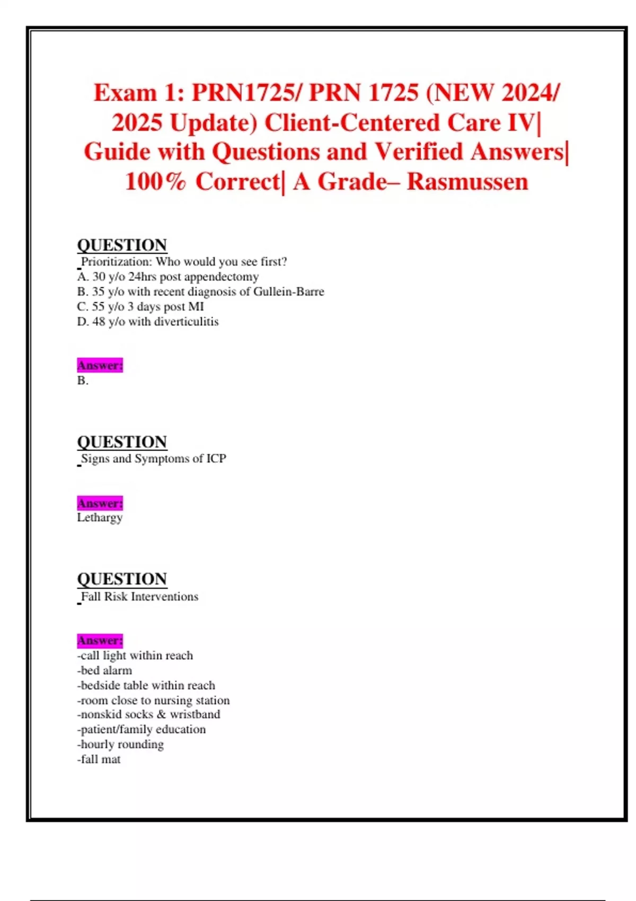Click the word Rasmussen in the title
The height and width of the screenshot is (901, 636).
click(467, 182)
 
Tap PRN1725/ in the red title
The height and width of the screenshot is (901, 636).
click(247, 93)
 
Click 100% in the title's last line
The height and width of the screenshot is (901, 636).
click(156, 182)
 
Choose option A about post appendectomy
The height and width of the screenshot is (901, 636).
click(167, 277)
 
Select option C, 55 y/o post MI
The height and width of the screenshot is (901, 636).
click(140, 306)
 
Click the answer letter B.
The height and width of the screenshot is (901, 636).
click(82, 381)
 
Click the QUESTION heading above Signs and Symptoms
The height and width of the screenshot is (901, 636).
click(122, 442)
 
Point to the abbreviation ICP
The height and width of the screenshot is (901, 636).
click(216, 458)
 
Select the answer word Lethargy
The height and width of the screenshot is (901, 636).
click(100, 517)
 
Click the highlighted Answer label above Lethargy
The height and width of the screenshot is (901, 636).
click(100, 503)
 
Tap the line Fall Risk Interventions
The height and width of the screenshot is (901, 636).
click(139, 597)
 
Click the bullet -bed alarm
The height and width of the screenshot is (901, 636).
click(104, 670)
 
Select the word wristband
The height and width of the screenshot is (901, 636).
click(195, 714)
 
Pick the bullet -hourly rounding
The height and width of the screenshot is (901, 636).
click(120, 745)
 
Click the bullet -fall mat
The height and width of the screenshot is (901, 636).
click(99, 759)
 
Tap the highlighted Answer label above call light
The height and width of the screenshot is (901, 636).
click(100, 641)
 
